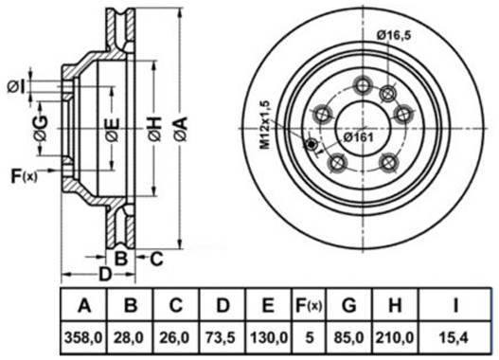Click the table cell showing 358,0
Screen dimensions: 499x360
(x=83, y=337)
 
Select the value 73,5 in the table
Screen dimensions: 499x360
(x=223, y=337)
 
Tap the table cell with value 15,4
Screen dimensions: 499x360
(x=455, y=337)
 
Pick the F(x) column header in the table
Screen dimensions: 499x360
(x=309, y=305)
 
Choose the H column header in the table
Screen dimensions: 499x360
(x=395, y=305)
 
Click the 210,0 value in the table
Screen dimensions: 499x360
(x=395, y=337)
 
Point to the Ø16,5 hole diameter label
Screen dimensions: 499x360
(x=394, y=35)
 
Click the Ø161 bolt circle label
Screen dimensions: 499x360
(x=358, y=137)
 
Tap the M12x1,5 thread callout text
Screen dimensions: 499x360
(x=265, y=125)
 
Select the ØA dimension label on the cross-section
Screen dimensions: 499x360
(x=181, y=129)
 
